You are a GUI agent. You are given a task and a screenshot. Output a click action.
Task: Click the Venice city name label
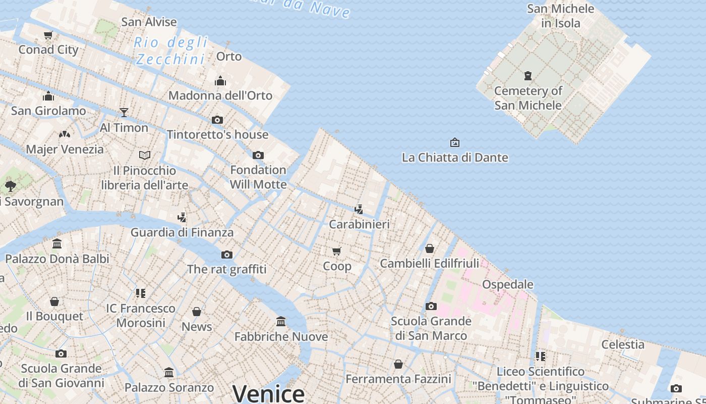(268, 393)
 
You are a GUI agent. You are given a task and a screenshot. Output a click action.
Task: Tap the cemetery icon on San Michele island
(528, 76)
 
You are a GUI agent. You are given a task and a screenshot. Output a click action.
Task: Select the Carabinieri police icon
(359, 209)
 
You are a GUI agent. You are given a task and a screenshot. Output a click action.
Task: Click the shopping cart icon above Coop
(337, 251)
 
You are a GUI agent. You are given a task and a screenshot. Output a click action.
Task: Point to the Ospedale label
(507, 284)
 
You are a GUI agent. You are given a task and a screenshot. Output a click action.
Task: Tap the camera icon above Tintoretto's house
(217, 120)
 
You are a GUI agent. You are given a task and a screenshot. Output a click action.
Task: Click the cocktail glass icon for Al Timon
(124, 112)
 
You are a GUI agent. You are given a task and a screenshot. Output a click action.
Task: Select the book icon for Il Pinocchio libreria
(145, 155)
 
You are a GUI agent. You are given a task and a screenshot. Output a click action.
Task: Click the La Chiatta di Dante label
(455, 158)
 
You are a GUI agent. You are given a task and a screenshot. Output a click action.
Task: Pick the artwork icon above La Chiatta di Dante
(455, 142)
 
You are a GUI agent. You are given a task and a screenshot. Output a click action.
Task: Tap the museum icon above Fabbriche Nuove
(281, 321)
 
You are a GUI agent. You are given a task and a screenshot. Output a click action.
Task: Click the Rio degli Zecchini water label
(171, 50)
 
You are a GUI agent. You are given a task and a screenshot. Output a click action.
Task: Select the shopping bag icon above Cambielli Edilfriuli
(430, 248)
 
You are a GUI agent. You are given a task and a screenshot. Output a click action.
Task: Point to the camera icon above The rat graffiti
(227, 255)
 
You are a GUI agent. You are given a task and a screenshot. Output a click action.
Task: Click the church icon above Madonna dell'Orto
(220, 81)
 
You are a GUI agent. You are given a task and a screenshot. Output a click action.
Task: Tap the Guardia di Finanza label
(182, 232)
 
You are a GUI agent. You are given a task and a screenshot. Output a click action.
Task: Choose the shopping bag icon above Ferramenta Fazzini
(398, 364)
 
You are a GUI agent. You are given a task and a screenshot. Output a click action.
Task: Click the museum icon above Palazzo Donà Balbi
(57, 244)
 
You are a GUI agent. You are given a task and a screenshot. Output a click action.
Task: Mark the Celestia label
(623, 344)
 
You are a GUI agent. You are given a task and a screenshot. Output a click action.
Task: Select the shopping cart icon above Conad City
(48, 35)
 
